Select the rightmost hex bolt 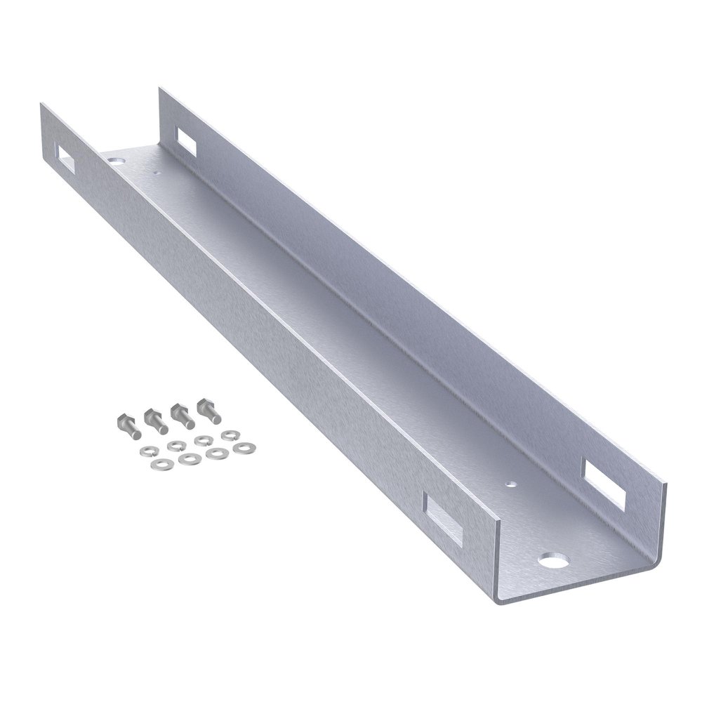[x=209, y=411]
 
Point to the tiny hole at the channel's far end [x=156, y=171]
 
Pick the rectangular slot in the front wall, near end [x=444, y=519]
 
